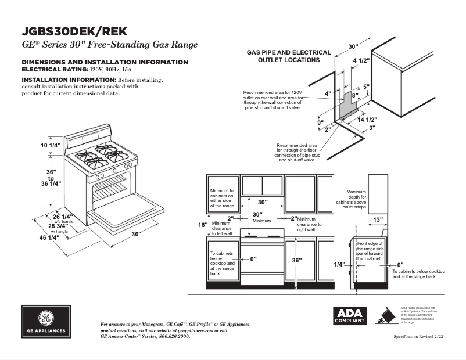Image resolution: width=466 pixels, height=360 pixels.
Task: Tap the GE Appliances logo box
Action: click(x=46, y=322)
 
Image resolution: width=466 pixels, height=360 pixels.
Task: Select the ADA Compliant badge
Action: click(x=349, y=316)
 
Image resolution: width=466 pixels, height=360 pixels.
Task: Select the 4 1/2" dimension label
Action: click(x=362, y=59)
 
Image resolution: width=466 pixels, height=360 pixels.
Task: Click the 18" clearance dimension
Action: click(x=202, y=225)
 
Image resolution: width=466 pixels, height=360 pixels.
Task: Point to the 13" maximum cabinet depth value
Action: click(x=378, y=219)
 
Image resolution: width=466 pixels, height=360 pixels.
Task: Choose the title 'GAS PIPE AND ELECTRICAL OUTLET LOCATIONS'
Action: click(x=289, y=56)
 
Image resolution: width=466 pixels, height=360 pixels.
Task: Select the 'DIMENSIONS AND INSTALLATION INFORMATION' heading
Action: click(x=105, y=62)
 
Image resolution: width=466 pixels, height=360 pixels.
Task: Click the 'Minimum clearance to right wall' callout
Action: click(x=309, y=224)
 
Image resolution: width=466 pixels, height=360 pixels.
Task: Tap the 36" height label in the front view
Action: click(x=297, y=261)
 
